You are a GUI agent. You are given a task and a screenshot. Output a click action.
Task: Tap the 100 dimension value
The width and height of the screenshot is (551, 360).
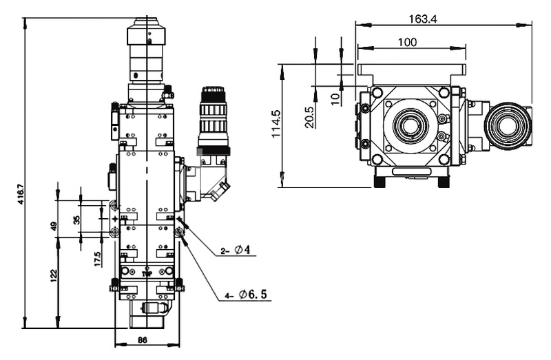click(x=407, y=42)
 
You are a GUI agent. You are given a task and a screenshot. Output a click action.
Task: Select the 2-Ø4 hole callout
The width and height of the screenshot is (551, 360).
click(x=238, y=251)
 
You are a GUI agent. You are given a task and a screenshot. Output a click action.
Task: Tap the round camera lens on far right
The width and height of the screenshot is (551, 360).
click(x=510, y=127)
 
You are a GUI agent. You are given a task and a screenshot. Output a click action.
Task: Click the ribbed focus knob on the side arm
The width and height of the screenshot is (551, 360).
click(x=211, y=110)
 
